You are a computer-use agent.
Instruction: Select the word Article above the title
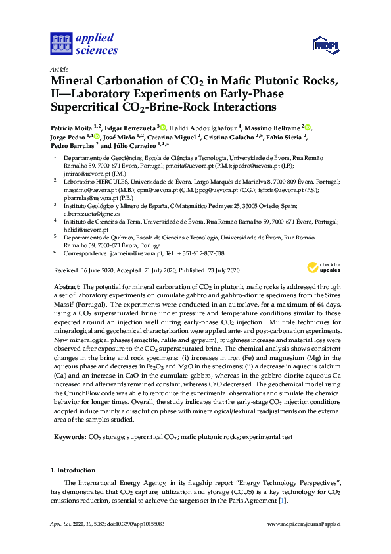[x=59, y=68]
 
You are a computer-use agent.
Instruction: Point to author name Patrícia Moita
[x=71, y=127]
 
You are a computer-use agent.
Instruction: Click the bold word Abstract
[x=66, y=287]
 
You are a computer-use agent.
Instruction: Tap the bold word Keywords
[x=68, y=436]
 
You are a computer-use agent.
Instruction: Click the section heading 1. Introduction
[x=72, y=471]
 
